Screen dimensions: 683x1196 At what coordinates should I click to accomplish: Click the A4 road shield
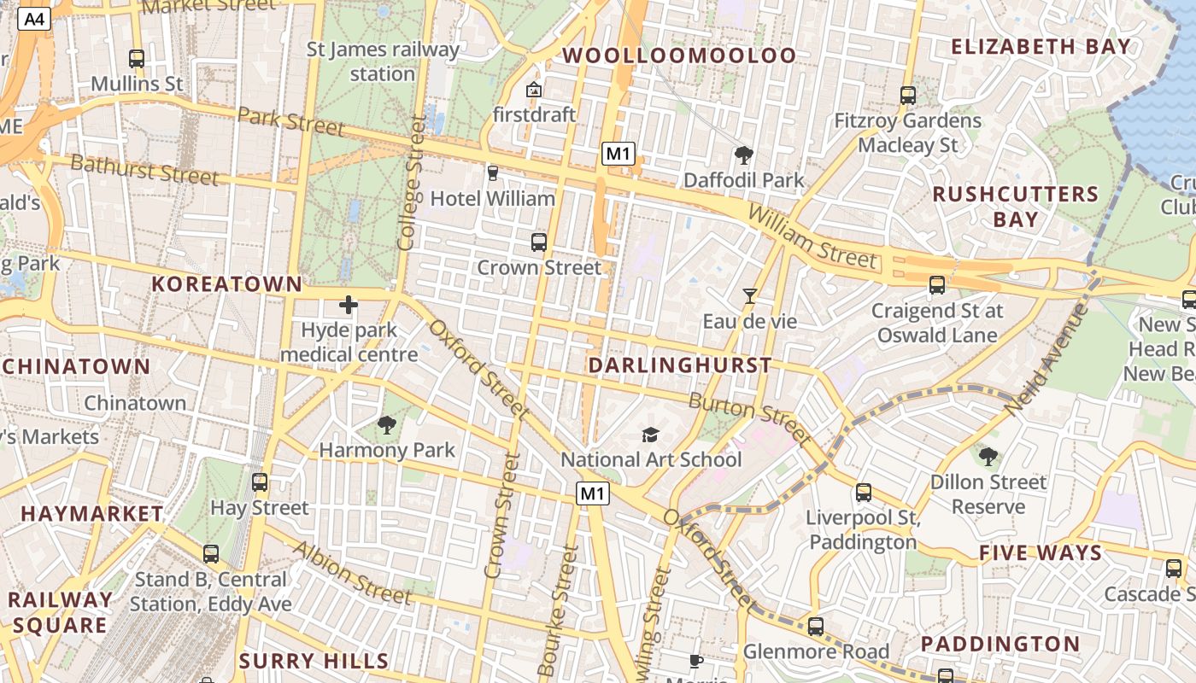34,19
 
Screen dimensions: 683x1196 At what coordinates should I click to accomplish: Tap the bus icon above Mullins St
137,59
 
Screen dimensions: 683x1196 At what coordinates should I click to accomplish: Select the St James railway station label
383,61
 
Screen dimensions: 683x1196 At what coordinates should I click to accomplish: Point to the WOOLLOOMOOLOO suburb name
679,55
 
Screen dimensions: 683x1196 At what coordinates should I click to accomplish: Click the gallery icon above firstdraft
534,89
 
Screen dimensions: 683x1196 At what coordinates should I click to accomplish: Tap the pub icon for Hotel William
492,173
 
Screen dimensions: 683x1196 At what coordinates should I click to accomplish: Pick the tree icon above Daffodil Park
743,155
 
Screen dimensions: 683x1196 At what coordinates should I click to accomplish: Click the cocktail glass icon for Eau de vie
749,296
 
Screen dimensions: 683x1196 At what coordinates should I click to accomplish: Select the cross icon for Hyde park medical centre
349,305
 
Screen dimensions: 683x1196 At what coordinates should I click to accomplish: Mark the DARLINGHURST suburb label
680,366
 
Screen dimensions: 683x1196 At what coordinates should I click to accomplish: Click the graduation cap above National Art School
651,435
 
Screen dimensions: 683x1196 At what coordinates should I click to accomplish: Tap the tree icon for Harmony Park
387,424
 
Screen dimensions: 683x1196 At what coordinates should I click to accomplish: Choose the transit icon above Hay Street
260,482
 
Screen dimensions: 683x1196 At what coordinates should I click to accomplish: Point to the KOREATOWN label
226,284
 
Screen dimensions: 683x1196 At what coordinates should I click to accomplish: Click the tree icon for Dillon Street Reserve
988,457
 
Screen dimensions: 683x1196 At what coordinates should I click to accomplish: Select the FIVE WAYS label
1041,552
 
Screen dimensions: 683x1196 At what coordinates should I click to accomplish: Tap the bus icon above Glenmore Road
816,627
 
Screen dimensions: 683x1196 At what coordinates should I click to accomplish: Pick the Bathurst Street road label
144,169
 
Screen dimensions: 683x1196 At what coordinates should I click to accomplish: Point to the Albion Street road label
351,573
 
